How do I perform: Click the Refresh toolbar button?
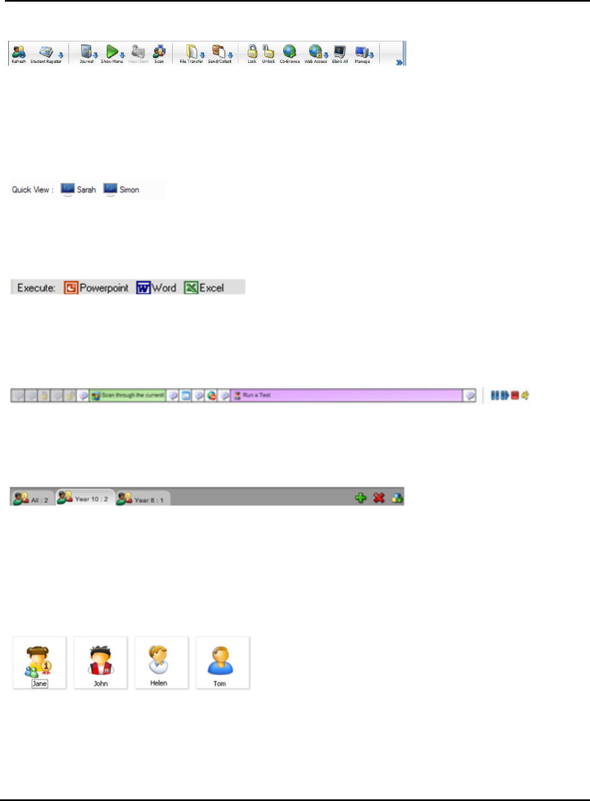(x=19, y=54)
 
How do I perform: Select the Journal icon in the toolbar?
(x=87, y=53)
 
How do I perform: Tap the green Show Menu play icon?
(x=112, y=52)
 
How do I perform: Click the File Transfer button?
(x=192, y=53)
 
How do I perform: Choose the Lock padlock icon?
(x=252, y=52)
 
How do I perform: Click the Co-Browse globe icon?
(x=290, y=52)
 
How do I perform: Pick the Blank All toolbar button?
(x=339, y=53)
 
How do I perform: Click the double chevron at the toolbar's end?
(x=399, y=62)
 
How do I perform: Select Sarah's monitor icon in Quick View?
(x=67, y=189)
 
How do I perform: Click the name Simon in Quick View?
(x=129, y=190)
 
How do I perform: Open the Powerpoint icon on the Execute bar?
(x=71, y=287)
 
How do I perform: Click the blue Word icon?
(x=143, y=287)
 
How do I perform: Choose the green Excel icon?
(x=191, y=287)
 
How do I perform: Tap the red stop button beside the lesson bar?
(x=515, y=396)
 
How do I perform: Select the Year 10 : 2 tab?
(x=84, y=498)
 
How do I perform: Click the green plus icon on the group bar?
(x=360, y=498)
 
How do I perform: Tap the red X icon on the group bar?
(x=379, y=498)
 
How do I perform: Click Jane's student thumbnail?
(x=39, y=662)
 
